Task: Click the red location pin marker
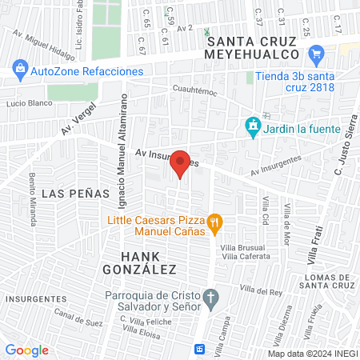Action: tap(181, 163)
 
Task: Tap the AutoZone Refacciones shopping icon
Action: tap(20, 70)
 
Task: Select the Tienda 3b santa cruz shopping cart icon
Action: tap(316, 55)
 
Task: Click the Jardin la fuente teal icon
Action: tap(253, 126)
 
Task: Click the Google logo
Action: tap(26, 350)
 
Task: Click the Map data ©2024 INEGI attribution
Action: tap(312, 354)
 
